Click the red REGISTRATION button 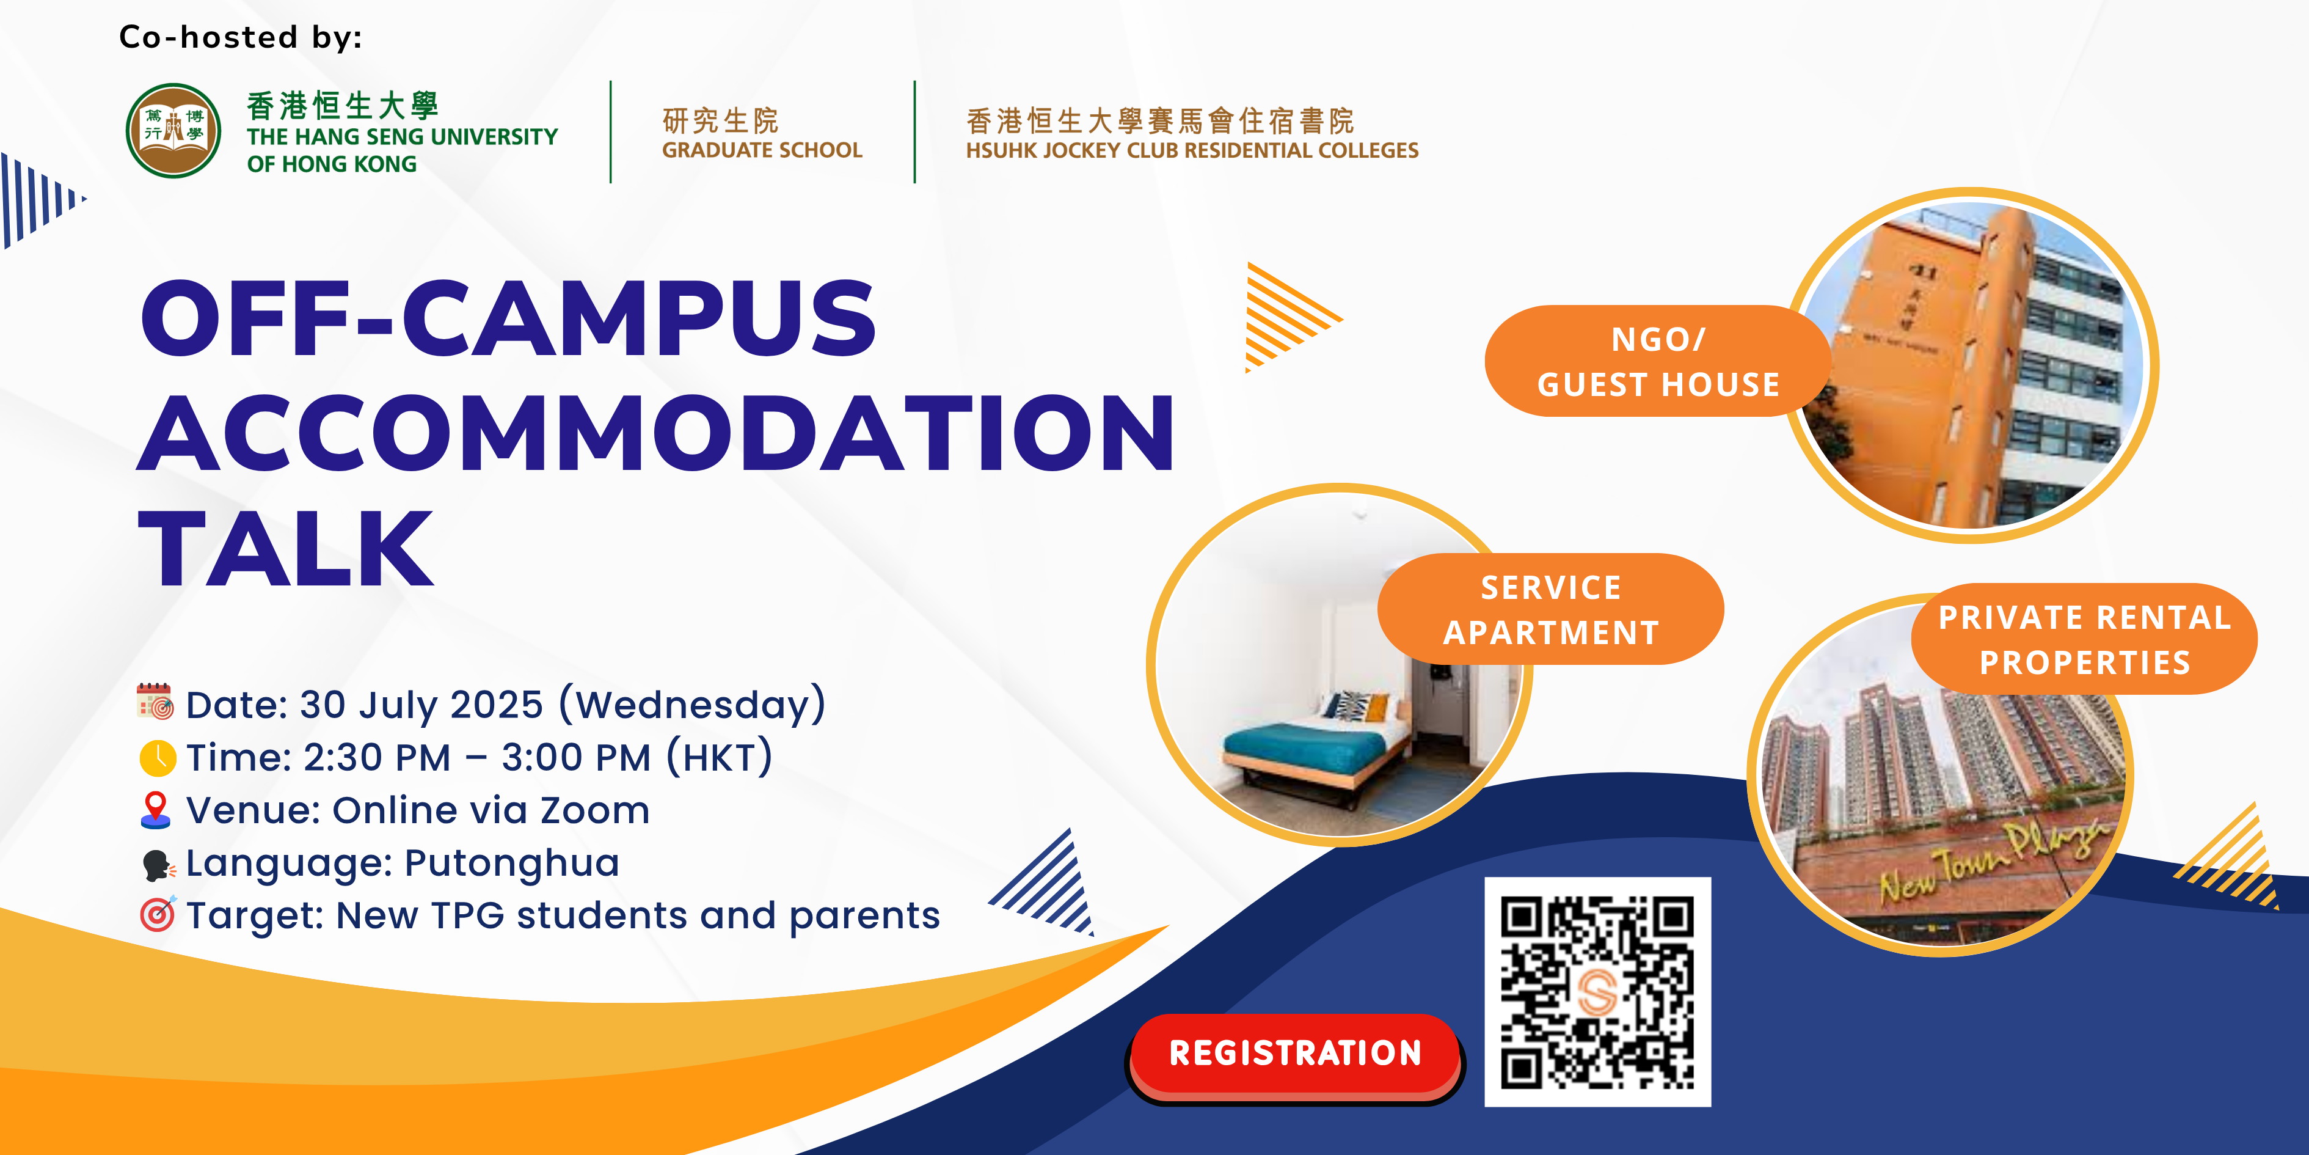click(1294, 1057)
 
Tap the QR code click(1597, 992)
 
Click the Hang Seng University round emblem click(173, 131)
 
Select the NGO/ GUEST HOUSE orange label click(1657, 361)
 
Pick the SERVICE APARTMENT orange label click(1551, 610)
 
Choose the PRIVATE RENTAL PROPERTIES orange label click(2084, 639)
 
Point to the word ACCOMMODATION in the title click(655, 433)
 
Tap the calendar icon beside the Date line click(155, 702)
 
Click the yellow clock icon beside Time click(158, 758)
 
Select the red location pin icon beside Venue click(156, 810)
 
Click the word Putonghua click(512, 863)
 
